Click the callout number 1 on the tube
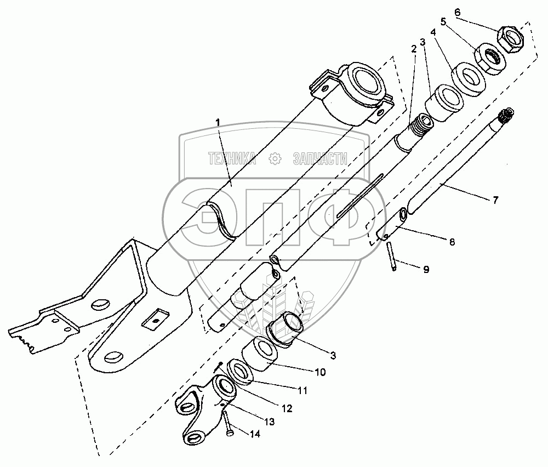(x=218, y=122)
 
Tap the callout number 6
(x=458, y=12)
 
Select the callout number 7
(x=495, y=200)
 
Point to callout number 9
(x=426, y=269)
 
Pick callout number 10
(x=320, y=372)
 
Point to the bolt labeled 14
(x=227, y=423)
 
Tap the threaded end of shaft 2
(x=421, y=126)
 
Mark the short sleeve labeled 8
(x=391, y=224)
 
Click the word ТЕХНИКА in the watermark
(x=232, y=159)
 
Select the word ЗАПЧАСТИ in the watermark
(x=320, y=159)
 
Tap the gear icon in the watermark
(x=275, y=159)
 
